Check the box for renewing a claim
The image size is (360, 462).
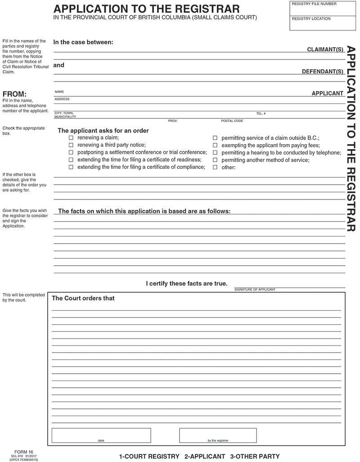[x=71, y=138]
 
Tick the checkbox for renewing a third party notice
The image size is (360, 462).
[x=71, y=145]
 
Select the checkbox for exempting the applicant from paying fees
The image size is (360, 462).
[x=215, y=145]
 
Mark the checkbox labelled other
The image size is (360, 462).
[x=215, y=167]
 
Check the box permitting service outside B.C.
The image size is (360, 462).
[x=215, y=138]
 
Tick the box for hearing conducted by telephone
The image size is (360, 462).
[x=215, y=153]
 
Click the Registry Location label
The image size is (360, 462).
[x=311, y=19]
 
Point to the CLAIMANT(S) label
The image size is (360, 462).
[x=325, y=49]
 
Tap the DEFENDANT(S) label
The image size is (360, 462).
[x=323, y=72]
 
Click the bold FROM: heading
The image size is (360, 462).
[x=15, y=94]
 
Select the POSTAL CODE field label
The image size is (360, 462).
[x=232, y=121]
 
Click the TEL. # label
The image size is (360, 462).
[x=261, y=113]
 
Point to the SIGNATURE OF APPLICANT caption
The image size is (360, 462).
[x=255, y=290]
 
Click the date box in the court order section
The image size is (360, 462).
[x=101, y=435]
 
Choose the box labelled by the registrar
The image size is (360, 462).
[x=218, y=435]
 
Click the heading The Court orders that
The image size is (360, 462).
[x=83, y=298]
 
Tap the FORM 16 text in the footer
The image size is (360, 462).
[x=24, y=452]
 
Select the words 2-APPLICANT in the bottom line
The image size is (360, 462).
[x=205, y=456]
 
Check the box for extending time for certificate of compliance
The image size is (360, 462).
[x=71, y=167]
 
